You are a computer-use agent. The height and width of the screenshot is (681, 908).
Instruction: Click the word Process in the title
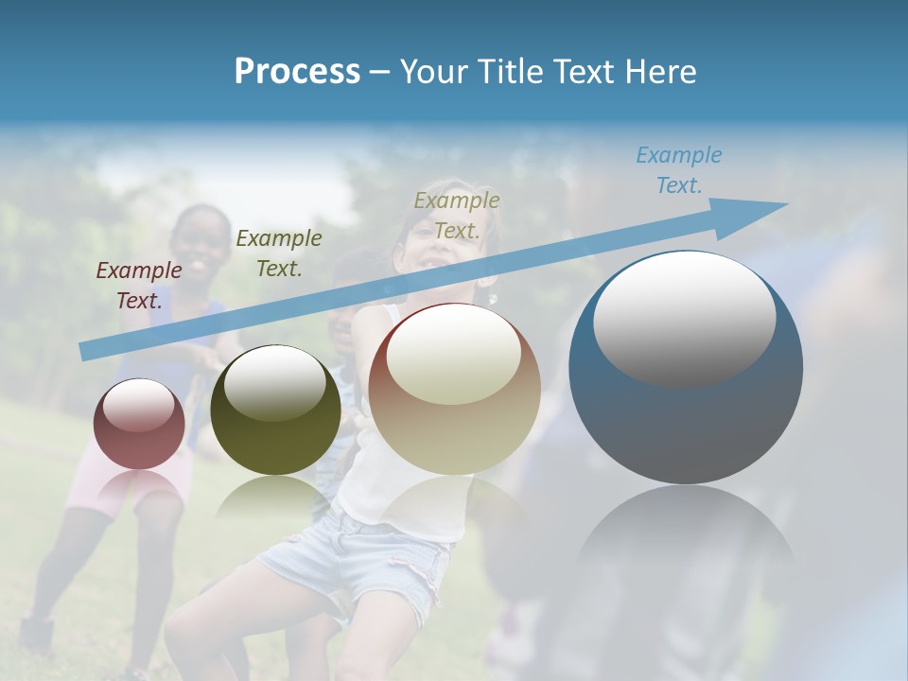[297, 72]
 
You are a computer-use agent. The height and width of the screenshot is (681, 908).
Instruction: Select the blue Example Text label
[678, 170]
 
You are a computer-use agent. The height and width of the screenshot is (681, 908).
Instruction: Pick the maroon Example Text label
[139, 286]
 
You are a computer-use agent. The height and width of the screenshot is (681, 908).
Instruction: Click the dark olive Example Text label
[278, 253]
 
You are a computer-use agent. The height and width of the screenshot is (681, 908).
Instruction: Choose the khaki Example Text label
[457, 215]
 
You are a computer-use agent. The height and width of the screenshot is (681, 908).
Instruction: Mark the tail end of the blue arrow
[87, 351]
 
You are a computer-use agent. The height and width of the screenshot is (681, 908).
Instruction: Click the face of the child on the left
[201, 241]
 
